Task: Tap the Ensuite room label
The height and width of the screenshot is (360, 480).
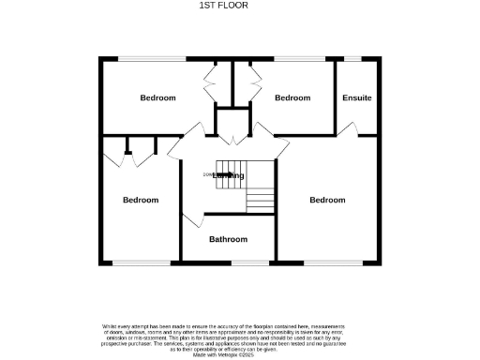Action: click(356, 97)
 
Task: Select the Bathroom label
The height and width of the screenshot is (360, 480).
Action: click(228, 239)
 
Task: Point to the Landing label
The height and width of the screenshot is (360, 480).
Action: click(229, 175)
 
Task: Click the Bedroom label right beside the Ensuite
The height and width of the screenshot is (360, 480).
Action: click(292, 97)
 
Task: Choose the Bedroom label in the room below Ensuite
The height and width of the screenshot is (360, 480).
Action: click(327, 200)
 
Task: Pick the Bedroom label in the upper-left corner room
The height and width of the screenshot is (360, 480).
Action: click(157, 97)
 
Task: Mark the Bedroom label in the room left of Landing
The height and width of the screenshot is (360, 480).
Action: click(141, 200)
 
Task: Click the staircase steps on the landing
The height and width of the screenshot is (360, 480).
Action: click(260, 200)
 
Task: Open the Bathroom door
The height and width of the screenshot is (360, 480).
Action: click(191, 220)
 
